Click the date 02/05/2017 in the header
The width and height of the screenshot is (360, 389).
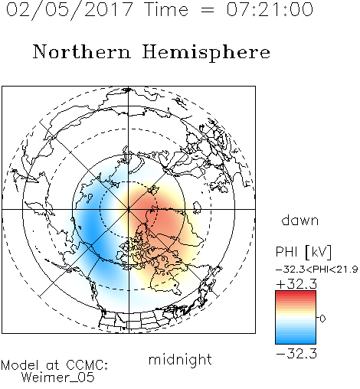70,10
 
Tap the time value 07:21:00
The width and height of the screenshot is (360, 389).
270,9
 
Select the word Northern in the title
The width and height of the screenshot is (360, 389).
82,51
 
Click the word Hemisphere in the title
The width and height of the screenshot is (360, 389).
206,53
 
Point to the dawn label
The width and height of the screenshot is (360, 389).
300,220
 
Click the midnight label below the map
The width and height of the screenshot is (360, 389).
180,360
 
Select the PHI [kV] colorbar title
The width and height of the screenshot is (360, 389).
303,252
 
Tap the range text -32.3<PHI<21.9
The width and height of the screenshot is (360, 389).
316,270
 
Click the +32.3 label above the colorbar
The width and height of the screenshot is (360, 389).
296,284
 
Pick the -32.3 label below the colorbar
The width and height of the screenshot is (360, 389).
296,354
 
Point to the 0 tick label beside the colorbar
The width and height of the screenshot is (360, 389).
322,319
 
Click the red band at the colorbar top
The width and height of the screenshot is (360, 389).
296,293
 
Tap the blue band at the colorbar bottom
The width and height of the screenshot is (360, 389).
296,341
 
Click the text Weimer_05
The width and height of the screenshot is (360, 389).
58,378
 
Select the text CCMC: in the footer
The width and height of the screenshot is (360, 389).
87,365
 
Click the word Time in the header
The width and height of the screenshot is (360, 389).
166,10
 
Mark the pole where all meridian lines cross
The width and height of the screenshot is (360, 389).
129,209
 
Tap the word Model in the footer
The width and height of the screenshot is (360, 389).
20,365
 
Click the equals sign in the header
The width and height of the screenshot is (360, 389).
208,10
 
